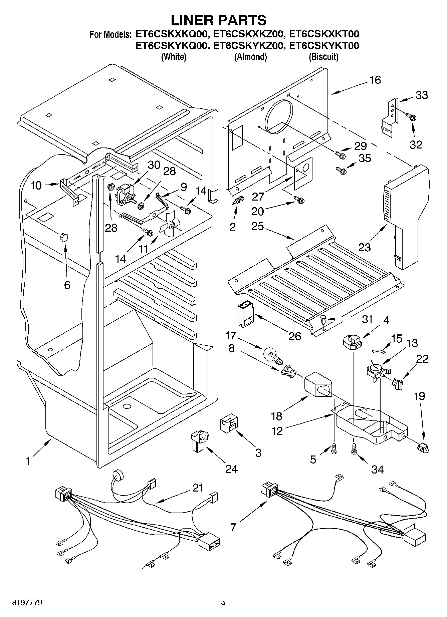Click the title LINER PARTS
coord(219,20)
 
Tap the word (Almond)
coord(250,57)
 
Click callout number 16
coord(375,80)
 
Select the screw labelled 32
coord(411,116)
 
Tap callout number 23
coord(365,247)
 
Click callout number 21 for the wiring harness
coord(198,488)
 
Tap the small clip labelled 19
coord(422,446)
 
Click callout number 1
coord(28,461)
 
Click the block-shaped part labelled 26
coord(246,313)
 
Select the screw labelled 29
coord(341,155)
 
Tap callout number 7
coord(233,527)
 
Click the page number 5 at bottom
coord(223,602)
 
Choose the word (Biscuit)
coord(323,57)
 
